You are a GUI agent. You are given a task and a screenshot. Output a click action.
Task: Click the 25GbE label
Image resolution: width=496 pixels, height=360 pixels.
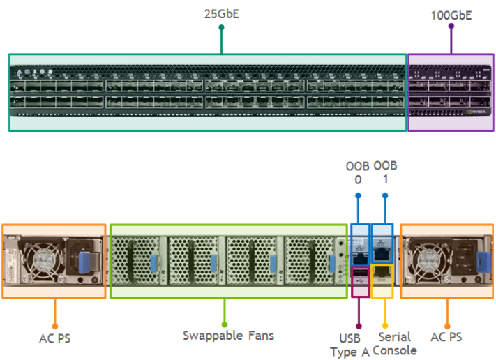(x=221, y=13)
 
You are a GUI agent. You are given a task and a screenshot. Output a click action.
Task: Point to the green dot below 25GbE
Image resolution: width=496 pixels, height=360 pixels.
(x=221, y=28)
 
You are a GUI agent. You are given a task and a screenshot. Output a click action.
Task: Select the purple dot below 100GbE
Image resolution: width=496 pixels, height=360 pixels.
(x=451, y=27)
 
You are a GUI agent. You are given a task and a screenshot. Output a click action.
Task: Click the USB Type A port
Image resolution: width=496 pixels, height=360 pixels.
(x=361, y=273)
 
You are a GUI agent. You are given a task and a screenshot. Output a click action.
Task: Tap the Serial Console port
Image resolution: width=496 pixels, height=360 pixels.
(x=383, y=273)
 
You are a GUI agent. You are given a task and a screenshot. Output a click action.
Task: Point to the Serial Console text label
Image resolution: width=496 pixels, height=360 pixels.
(x=394, y=344)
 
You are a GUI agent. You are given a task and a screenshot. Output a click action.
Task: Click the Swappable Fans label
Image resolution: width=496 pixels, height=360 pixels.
(x=228, y=336)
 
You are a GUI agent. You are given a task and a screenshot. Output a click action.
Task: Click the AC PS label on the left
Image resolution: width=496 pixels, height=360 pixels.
(x=54, y=338)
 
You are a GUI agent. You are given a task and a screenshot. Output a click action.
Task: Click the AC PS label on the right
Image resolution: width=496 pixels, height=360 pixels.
(x=447, y=338)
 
